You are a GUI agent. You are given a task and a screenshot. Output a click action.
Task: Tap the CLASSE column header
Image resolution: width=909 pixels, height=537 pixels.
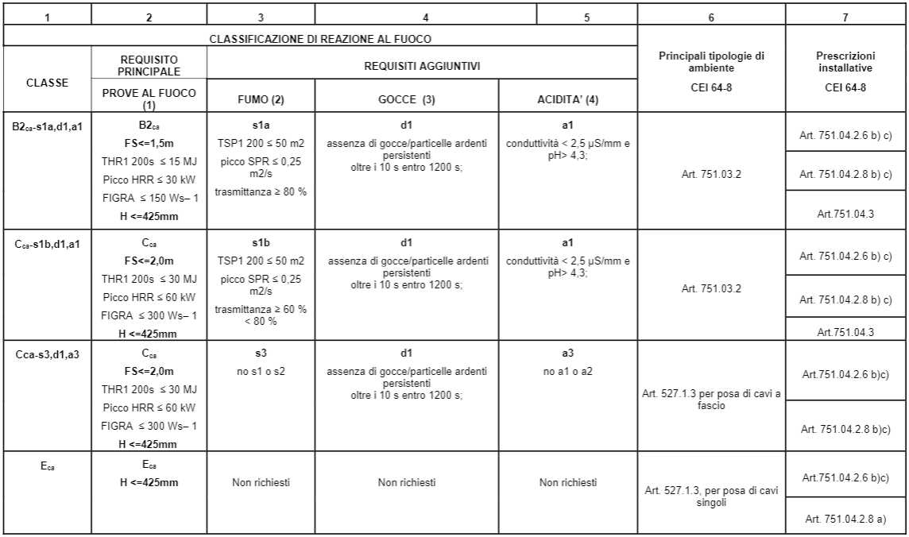pos(48,81)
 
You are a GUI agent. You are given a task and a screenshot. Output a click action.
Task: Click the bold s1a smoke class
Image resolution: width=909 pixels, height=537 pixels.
pos(261,126)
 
